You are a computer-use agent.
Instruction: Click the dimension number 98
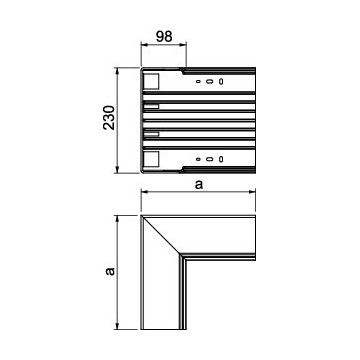pos(164,36)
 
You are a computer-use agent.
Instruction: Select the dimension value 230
pos(109,117)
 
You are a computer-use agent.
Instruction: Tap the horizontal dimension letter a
pos(199,185)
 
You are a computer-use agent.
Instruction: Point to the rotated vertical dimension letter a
pos(110,271)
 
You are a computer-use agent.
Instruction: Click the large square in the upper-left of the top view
pos(151,82)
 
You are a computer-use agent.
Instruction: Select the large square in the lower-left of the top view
pos(151,159)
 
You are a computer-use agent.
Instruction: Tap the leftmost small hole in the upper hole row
pos(198,81)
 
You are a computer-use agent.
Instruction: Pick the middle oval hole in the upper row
pos(209,81)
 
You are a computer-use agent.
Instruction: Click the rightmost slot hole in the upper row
pos(221,81)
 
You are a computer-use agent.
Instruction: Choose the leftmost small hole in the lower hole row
pos(198,159)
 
